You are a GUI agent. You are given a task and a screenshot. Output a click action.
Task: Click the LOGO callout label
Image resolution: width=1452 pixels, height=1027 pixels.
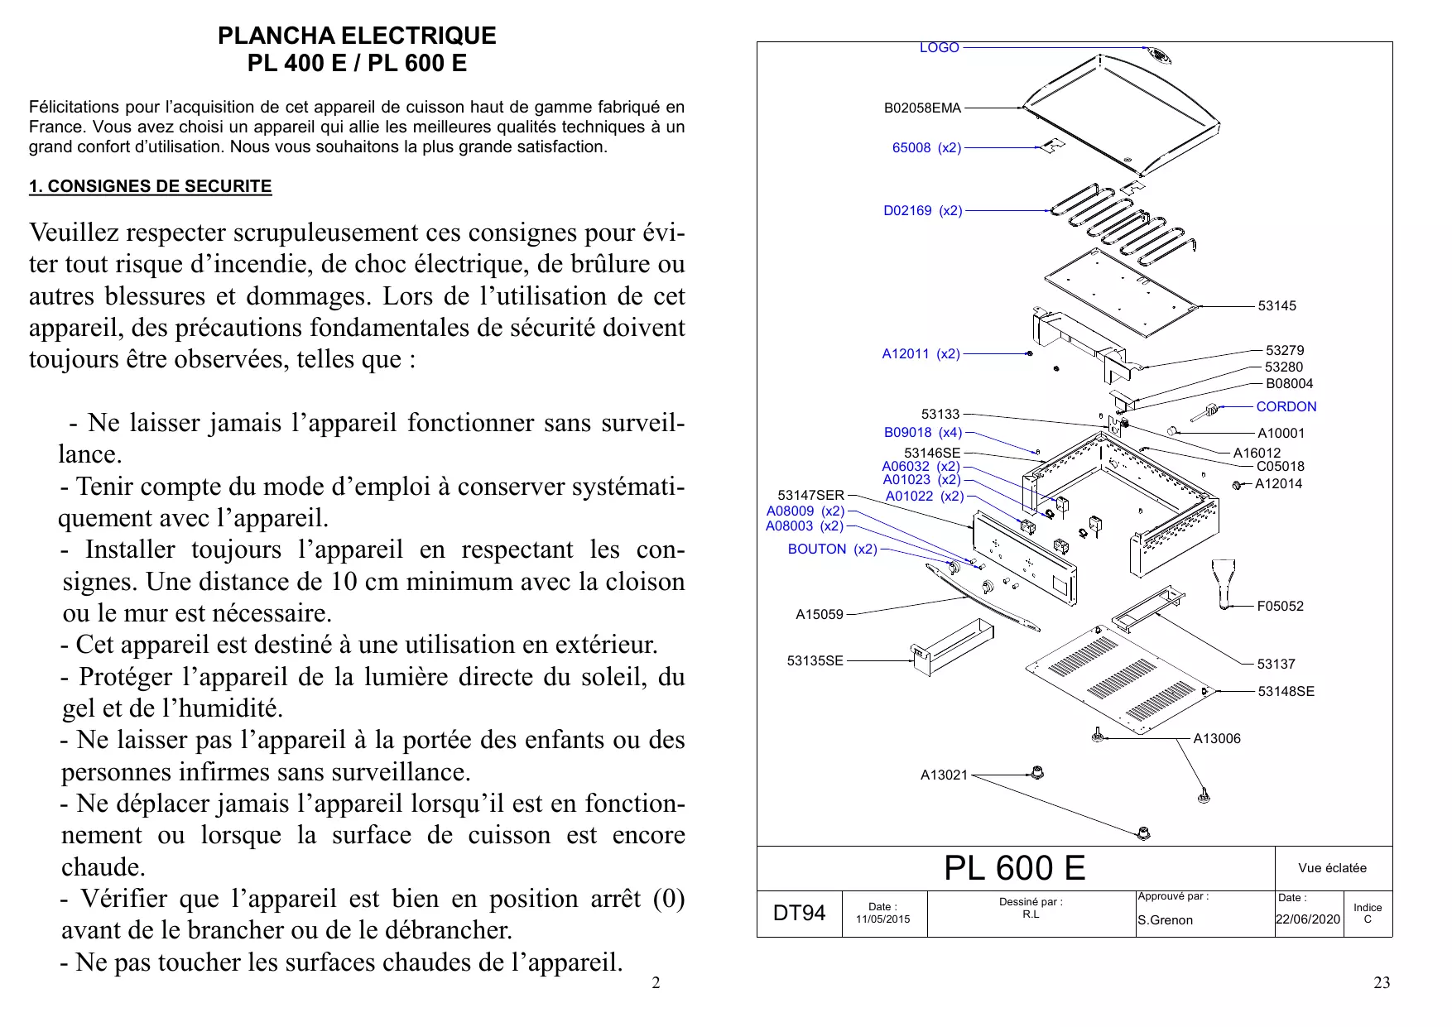click(x=939, y=48)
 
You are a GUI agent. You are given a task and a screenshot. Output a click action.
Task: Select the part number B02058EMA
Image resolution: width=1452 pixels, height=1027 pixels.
click(x=922, y=108)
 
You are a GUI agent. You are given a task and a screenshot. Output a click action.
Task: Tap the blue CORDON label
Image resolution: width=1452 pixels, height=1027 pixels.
click(x=1286, y=406)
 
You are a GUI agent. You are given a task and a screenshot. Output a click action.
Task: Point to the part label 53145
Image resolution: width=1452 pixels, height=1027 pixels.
click(x=1277, y=306)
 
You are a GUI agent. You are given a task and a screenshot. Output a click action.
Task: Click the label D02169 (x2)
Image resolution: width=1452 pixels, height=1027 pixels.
click(x=922, y=211)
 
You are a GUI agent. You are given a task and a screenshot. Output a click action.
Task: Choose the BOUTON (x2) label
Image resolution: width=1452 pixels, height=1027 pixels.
click(x=832, y=549)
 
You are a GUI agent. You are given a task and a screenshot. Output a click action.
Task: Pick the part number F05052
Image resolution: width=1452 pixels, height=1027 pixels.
click(x=1280, y=607)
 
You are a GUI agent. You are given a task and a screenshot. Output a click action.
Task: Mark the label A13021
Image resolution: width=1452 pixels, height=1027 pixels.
click(x=944, y=775)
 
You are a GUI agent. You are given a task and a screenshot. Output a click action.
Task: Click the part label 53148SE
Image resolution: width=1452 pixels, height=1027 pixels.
click(x=1286, y=692)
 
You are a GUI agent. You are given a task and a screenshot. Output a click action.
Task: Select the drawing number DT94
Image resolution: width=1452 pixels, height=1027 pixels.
click(x=799, y=913)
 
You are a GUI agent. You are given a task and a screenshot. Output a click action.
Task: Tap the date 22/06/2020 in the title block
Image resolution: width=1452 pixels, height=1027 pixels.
click(x=1307, y=919)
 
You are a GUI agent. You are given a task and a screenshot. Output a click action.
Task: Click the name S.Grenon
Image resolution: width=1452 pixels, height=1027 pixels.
click(x=1165, y=920)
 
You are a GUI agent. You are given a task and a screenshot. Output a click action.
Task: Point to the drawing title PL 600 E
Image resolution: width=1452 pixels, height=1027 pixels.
click(x=1014, y=868)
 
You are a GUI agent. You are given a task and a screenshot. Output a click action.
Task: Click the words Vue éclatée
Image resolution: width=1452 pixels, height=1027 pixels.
click(x=1332, y=868)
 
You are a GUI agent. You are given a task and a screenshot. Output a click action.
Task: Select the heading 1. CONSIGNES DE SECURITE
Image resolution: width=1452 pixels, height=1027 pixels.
click(x=150, y=186)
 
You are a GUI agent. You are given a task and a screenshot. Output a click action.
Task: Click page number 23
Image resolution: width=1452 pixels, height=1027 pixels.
click(x=1382, y=983)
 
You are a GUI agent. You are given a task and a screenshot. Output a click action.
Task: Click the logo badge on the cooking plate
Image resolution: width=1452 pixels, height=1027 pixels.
click(x=1159, y=55)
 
